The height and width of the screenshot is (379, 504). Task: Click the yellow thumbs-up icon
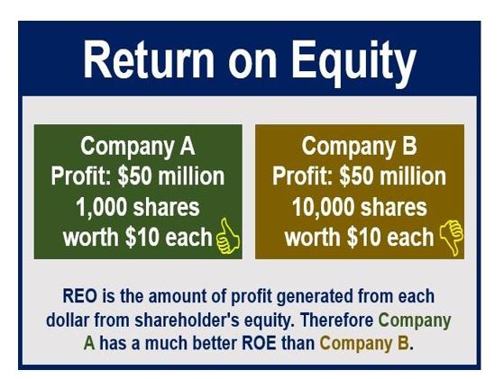[228, 235]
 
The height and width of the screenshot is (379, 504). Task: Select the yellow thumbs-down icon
[452, 237]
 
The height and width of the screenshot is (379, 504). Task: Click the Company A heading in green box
[138, 147]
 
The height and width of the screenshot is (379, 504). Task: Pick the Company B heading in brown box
[359, 147]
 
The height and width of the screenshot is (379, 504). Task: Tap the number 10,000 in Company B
[324, 207]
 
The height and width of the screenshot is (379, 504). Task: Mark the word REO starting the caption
[79, 295]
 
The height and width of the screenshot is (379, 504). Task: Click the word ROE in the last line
[259, 343]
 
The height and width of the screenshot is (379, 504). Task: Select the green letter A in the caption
[89, 343]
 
